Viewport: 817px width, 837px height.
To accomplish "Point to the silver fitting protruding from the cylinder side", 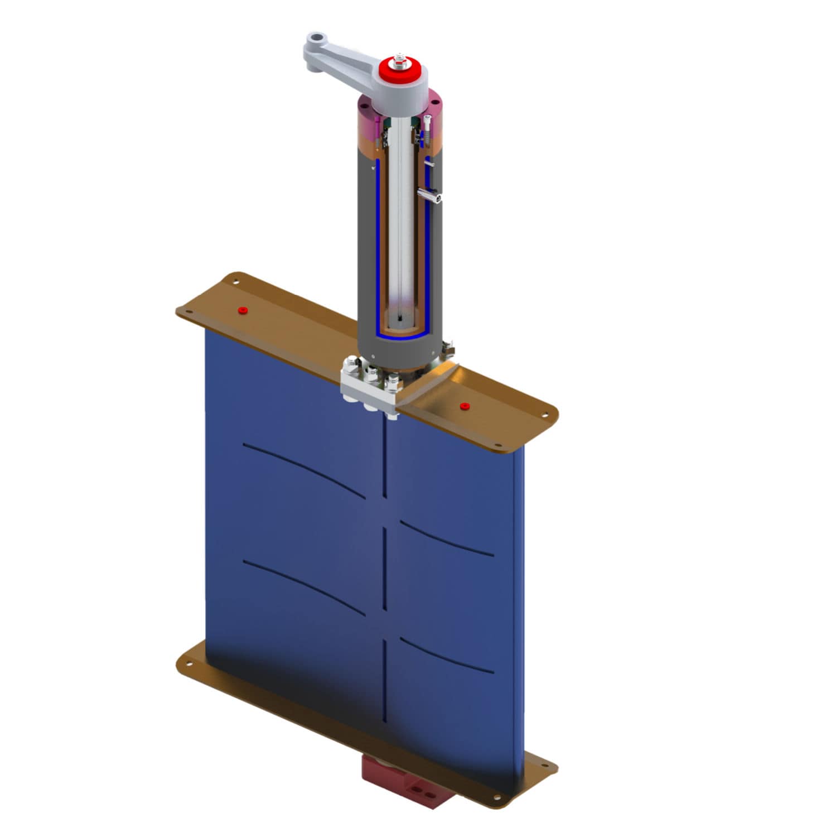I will coord(430,195).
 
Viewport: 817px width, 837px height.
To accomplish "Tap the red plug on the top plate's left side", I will coord(241,310).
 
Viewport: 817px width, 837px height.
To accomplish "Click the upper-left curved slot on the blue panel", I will coord(304,469).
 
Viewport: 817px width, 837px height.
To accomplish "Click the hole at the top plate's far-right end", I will coord(546,415).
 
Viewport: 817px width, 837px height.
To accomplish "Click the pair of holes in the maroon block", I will coord(423,792).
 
